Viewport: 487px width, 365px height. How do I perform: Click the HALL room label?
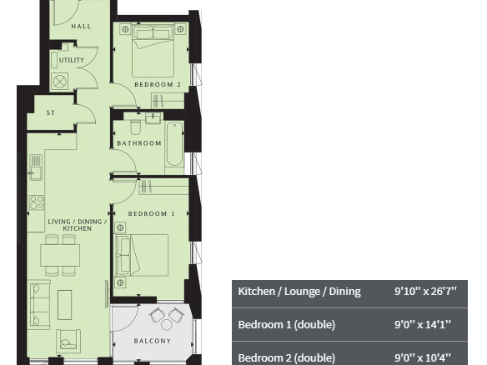pos(81,27)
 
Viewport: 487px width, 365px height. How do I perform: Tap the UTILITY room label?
pos(72,60)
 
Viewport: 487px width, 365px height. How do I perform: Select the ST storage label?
pos(51,112)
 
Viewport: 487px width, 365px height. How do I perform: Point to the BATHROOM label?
pos(139,143)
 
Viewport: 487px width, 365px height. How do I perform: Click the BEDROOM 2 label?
pos(158,84)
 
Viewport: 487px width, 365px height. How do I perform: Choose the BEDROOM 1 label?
pos(151,213)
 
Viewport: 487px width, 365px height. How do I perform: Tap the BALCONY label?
pos(152,341)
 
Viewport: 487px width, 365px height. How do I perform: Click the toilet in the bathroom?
pos(135,127)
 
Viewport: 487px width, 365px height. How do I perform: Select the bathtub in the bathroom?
pos(174,144)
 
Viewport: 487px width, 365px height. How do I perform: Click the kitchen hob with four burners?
pos(37,202)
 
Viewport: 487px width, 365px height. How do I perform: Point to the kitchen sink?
pos(36,167)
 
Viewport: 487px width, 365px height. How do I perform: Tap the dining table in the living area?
pos(60,255)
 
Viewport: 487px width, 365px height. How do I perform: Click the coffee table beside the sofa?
pos(64,305)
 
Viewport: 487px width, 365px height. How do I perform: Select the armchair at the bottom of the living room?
pos(68,341)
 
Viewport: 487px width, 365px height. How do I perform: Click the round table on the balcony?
pos(167,325)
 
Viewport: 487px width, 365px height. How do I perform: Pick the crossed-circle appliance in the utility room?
pos(60,82)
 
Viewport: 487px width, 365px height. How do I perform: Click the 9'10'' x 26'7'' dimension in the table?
pos(425,292)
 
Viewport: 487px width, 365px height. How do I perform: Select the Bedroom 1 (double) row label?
pos(286,325)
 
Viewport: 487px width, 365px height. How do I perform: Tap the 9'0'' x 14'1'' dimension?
pos(423,325)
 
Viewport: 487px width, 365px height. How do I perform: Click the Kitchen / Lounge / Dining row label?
pos(299,292)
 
